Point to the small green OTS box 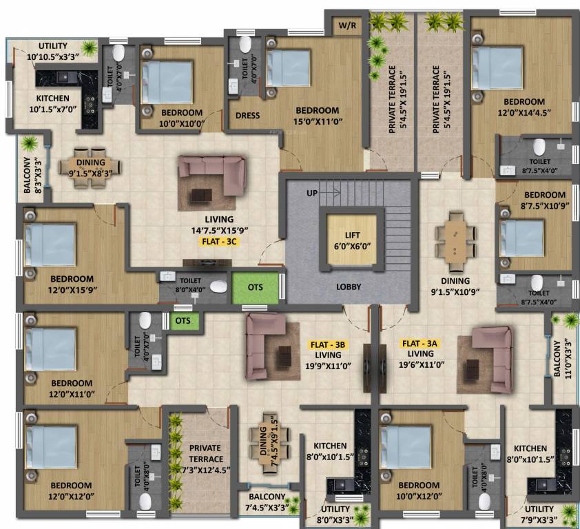click(x=183, y=321)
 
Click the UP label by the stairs click(x=313, y=193)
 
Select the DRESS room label click(x=247, y=116)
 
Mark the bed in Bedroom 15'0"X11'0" click(x=289, y=69)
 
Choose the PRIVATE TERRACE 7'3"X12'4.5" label click(x=205, y=458)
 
